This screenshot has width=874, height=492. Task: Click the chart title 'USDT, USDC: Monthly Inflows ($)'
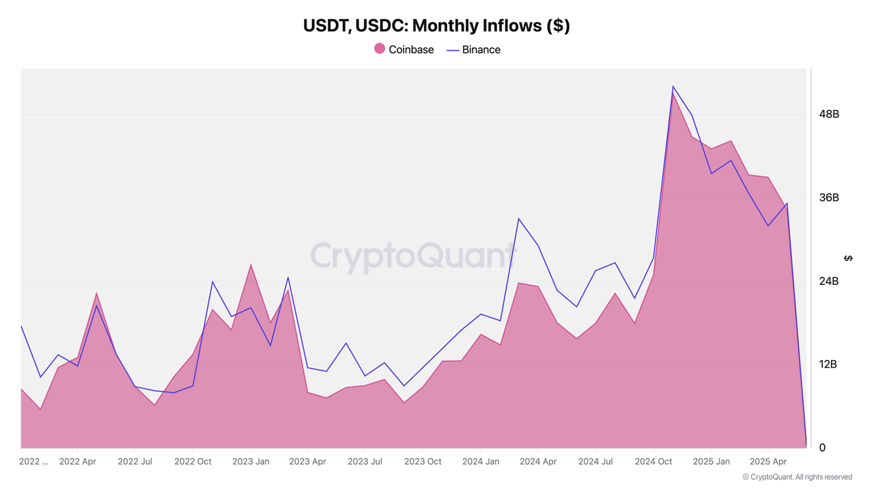pos(436,26)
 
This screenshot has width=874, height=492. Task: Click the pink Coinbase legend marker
pos(380,49)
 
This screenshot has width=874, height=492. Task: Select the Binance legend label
pos(481,50)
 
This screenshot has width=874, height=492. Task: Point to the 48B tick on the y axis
pos(828,114)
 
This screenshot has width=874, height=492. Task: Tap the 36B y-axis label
pos(828,197)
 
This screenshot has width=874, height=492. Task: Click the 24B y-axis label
pos(828,281)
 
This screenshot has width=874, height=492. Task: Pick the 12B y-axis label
pos(828,364)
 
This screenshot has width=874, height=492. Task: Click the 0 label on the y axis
pos(822,448)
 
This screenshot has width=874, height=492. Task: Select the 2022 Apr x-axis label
pos(77,462)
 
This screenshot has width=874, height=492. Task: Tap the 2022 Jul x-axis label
pos(135,462)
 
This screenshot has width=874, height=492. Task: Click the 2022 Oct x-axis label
pos(193,462)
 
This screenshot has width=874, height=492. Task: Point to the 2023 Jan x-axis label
pos(251,462)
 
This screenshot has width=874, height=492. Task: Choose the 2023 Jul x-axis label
pos(365,462)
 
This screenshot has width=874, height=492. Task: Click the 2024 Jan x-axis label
pos(480,462)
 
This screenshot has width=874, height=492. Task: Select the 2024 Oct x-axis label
pos(653,462)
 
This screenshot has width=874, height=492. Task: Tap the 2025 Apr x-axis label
pos(768,462)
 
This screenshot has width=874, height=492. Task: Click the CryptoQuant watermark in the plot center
pos(413,256)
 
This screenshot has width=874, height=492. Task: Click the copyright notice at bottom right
pos(797,477)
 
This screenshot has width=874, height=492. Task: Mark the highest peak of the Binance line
pos(673,87)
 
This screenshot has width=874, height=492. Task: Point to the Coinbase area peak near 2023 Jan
pos(251,264)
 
